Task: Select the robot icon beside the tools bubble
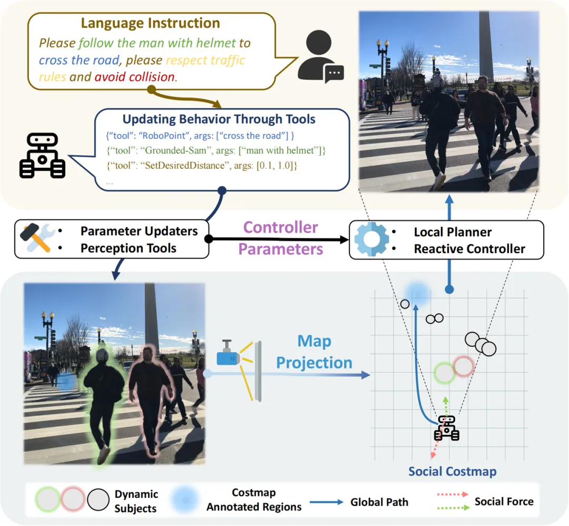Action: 42,155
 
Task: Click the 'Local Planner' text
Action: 453,232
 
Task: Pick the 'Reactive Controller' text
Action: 469,249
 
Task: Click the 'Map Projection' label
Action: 314,352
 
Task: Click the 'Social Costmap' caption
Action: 453,471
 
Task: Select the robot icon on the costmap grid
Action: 446,428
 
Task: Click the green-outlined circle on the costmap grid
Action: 445,373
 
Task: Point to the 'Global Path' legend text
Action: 379,502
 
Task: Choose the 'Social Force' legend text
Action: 504,501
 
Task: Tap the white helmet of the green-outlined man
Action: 102,355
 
